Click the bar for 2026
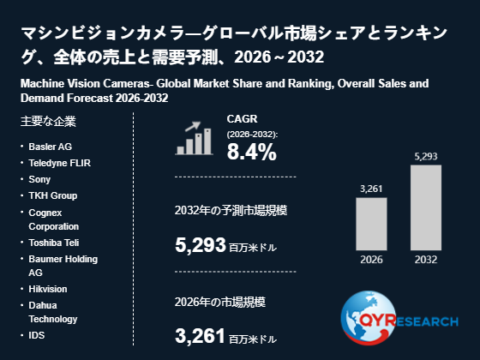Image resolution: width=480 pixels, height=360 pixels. [371, 224]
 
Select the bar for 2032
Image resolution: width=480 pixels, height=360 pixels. [426, 207]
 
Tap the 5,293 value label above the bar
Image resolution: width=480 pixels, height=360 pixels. [426, 156]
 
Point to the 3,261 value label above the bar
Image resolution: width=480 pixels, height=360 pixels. [371, 189]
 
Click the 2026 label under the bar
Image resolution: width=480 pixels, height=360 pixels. [371, 260]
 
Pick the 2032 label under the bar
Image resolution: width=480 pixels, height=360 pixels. [426, 260]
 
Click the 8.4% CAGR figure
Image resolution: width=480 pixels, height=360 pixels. [252, 152]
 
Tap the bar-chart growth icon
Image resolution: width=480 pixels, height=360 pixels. [194, 138]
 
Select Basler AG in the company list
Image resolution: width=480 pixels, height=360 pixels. [51, 147]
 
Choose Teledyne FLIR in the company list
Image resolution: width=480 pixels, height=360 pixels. [60, 163]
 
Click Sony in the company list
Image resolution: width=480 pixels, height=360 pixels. [39, 179]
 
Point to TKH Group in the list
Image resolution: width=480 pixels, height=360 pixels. [53, 195]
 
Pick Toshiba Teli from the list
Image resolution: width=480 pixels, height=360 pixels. [54, 243]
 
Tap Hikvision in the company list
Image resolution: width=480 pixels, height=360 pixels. [48, 289]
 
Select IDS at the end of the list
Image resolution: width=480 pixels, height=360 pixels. [36, 335]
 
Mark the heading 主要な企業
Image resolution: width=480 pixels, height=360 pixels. [48, 121]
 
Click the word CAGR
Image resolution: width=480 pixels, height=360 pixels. [242, 119]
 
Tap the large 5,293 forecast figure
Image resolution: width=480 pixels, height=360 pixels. [201, 245]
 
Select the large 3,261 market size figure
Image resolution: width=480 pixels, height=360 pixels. [201, 335]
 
